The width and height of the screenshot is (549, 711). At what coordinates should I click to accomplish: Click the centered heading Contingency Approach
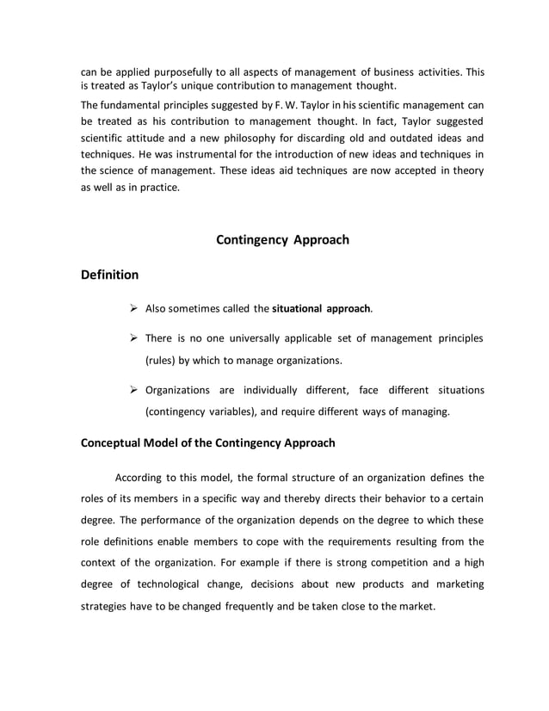point(282,239)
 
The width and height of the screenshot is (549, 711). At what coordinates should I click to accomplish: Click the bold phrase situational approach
point(322,306)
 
